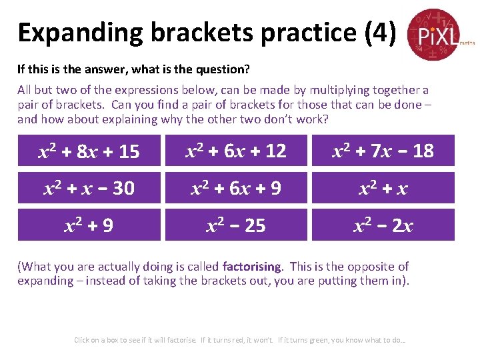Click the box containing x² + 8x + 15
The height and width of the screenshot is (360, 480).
(x=89, y=151)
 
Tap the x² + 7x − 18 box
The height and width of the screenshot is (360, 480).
(x=383, y=151)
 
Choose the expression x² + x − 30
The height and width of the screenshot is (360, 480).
(x=89, y=188)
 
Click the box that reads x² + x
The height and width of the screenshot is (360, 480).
(x=383, y=188)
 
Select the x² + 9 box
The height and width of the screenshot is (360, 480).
(x=89, y=225)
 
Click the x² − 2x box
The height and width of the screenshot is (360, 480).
(x=383, y=225)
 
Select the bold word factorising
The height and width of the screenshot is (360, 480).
(x=252, y=267)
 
